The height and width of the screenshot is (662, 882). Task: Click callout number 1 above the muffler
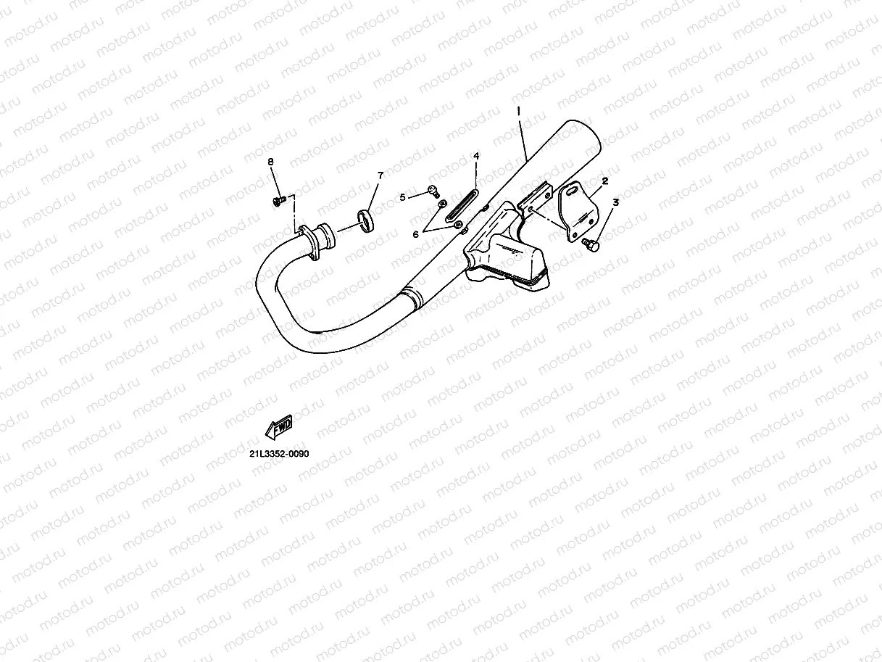pyautogui.click(x=519, y=111)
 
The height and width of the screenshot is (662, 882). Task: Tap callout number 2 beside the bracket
pyautogui.click(x=604, y=181)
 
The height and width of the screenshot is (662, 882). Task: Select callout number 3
pyautogui.click(x=615, y=204)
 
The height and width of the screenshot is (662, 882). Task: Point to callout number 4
pyautogui.click(x=476, y=157)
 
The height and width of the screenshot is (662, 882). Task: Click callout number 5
pyautogui.click(x=403, y=196)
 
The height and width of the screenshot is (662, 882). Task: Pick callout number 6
pyautogui.click(x=415, y=233)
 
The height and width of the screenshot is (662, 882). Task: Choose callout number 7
pyautogui.click(x=380, y=175)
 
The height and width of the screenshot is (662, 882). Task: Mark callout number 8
pyautogui.click(x=271, y=162)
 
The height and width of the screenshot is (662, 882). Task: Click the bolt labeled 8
pyautogui.click(x=278, y=199)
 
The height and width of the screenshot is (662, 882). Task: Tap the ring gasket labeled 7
pyautogui.click(x=366, y=219)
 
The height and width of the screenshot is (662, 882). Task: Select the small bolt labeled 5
pyautogui.click(x=432, y=191)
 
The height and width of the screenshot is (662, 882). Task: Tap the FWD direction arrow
pyautogui.click(x=279, y=428)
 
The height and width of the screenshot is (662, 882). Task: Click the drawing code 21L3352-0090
pyautogui.click(x=279, y=454)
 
